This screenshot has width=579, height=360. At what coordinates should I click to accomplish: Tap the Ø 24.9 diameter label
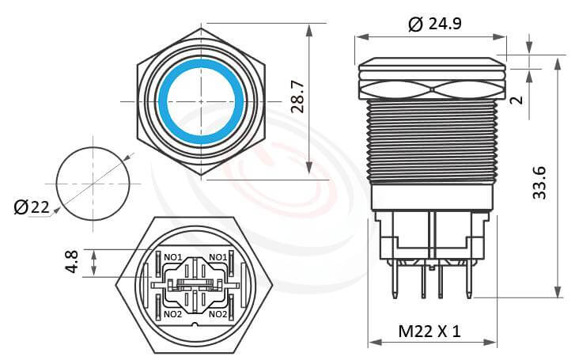pyautogui.click(x=434, y=24)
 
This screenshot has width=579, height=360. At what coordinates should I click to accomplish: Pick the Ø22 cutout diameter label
pyautogui.click(x=32, y=207)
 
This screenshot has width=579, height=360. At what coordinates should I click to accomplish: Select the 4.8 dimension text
pyautogui.click(x=72, y=263)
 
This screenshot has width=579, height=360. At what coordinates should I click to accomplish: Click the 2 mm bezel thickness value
pyautogui.click(x=517, y=100)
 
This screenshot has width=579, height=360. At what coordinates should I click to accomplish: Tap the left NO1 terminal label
pyautogui.click(x=173, y=257)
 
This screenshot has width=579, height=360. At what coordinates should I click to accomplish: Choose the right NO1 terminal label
pyautogui.click(x=218, y=257)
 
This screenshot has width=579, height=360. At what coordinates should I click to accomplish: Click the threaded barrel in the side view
pyautogui.click(x=432, y=142)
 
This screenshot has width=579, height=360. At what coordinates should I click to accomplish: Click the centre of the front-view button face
pyautogui.click(x=201, y=100)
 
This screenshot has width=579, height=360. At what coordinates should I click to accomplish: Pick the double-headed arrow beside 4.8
pyautogui.click(x=95, y=263)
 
